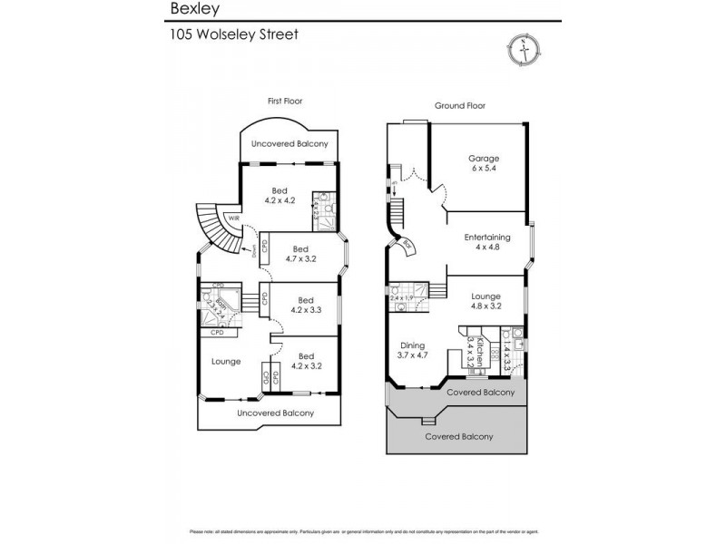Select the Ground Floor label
[x=460, y=105]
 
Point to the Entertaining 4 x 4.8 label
[x=487, y=242]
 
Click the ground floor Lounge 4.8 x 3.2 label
[x=487, y=301]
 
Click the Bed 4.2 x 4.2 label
[x=280, y=196]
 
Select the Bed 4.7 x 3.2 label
[x=300, y=254]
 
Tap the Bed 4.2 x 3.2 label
[x=305, y=361]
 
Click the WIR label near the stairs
[x=233, y=219]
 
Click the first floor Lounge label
[x=226, y=362]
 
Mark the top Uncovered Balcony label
[x=290, y=143]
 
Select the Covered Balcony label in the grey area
[x=459, y=436]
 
